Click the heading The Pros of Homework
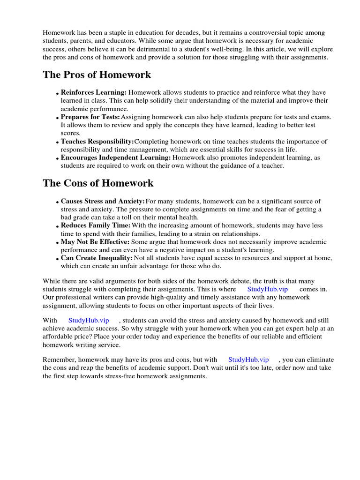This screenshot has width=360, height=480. (x=97, y=75)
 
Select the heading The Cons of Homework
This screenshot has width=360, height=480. (x=98, y=183)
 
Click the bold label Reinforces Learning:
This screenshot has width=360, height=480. (x=94, y=93)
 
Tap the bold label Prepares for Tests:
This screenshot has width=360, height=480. (x=90, y=117)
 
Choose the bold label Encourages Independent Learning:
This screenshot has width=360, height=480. (x=116, y=158)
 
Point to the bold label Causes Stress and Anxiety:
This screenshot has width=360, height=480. (x=103, y=201)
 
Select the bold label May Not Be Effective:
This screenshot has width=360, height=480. (x=95, y=242)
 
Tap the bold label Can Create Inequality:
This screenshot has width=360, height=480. (x=97, y=258)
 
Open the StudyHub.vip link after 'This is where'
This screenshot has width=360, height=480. (x=267, y=289)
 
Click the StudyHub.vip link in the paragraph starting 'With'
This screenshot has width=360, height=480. (x=89, y=320)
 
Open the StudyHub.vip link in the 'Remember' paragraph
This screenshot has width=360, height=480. (x=248, y=360)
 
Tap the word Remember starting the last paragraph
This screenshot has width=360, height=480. (x=59, y=360)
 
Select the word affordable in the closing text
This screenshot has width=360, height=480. (x=58, y=337)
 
